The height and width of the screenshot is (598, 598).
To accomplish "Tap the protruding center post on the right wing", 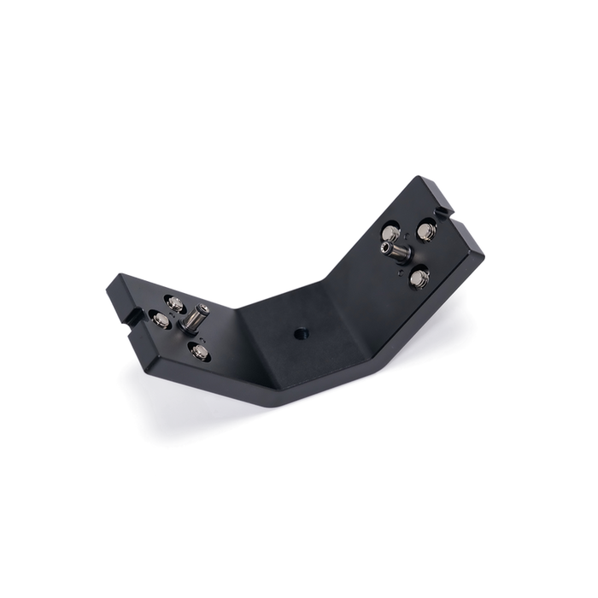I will click(x=397, y=251).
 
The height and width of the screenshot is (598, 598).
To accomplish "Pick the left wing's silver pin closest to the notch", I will click(x=159, y=320).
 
